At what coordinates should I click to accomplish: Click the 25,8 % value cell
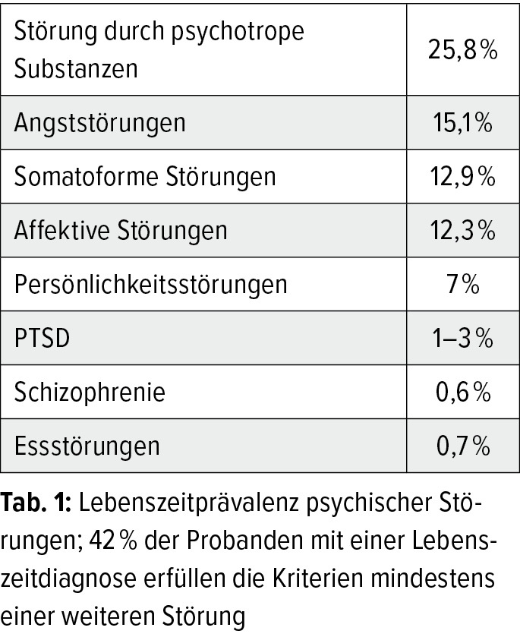pyautogui.click(x=463, y=50)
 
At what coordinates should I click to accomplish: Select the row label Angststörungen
pyautogui.click(x=100, y=123)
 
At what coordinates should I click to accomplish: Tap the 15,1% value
pyautogui.click(x=463, y=123)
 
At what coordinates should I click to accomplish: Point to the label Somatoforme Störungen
pyautogui.click(x=145, y=177)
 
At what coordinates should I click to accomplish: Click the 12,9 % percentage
pyautogui.click(x=463, y=177)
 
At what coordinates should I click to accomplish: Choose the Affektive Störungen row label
pyautogui.click(x=121, y=230)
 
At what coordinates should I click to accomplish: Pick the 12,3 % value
pyautogui.click(x=463, y=230)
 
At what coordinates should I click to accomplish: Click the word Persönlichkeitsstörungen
pyautogui.click(x=151, y=285)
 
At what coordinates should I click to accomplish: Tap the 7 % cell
pyautogui.click(x=463, y=284)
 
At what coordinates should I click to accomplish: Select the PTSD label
pyautogui.click(x=42, y=338)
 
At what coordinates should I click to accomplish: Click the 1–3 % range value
pyautogui.click(x=463, y=338)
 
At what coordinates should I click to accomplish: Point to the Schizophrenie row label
pyautogui.click(x=90, y=392)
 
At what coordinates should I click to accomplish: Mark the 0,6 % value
pyautogui.click(x=463, y=392)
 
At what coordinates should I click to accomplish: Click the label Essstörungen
pyautogui.click(x=87, y=446)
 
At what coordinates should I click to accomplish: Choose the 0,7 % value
pyautogui.click(x=463, y=446)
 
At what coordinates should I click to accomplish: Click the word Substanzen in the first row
pyautogui.click(x=76, y=68)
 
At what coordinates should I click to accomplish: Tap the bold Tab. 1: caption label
pyautogui.click(x=36, y=503)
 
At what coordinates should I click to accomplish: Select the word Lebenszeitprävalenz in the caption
pyautogui.click(x=189, y=503)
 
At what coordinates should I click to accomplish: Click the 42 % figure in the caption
pyautogui.click(x=113, y=541)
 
